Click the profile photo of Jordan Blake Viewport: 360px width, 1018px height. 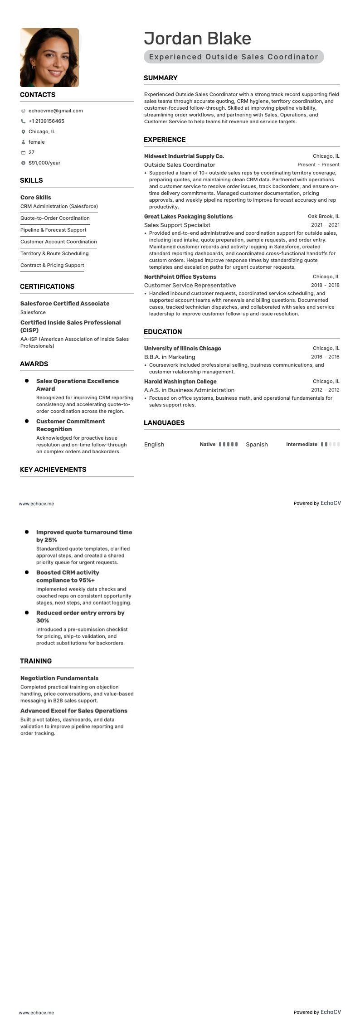point(49,58)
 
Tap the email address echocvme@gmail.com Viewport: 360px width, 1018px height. point(55,111)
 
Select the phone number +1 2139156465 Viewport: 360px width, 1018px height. point(46,121)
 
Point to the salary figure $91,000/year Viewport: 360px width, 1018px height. point(44,163)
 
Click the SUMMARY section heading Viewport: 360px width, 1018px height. point(161,78)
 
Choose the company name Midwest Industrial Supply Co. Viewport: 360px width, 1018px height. point(184,156)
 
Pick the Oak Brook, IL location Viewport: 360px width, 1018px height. point(323,217)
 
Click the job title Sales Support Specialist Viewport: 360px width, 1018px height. point(177,225)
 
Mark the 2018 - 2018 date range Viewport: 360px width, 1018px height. point(325,286)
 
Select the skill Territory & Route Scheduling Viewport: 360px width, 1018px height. point(54,253)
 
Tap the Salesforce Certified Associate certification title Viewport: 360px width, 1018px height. point(65,304)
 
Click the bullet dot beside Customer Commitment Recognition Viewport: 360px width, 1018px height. point(27,422)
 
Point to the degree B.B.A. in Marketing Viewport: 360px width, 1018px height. point(170,357)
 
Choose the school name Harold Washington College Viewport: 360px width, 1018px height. point(180,382)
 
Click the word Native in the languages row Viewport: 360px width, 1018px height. point(208,445)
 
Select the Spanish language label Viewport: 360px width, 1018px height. point(257,445)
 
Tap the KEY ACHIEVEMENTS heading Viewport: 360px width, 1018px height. point(53,470)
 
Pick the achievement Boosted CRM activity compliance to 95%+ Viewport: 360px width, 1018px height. point(68,577)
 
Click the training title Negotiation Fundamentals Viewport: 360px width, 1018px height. point(59,678)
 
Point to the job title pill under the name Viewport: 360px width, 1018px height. point(234,57)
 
